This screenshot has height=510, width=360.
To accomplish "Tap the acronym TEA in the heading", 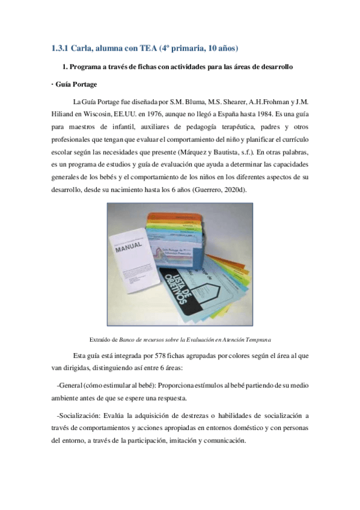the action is pos(151,48).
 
